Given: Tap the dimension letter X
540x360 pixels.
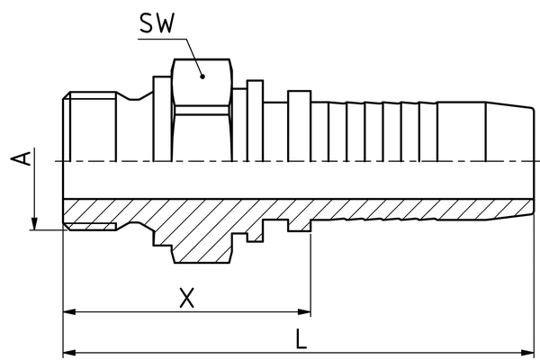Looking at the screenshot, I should (x=186, y=297).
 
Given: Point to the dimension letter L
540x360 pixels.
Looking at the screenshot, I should (x=301, y=338).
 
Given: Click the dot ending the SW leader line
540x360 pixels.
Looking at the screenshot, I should (x=203, y=78).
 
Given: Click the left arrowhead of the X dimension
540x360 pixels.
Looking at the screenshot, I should (x=68, y=312).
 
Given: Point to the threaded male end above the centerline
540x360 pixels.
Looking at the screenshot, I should (x=90, y=126).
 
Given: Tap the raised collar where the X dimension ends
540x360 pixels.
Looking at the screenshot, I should (x=299, y=126).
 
